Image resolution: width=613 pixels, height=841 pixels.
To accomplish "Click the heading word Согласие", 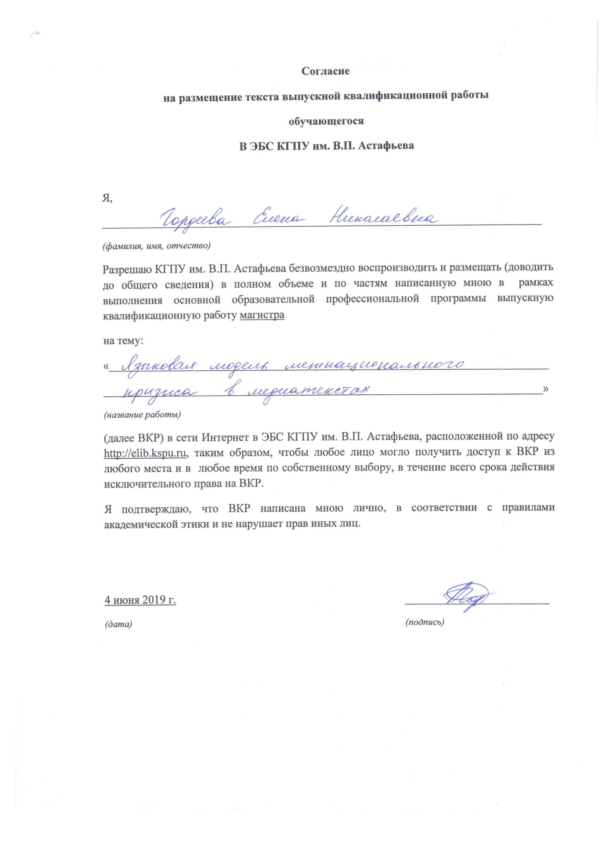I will point(325,71).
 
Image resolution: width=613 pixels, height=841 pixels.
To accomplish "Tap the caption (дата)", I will point(119,624).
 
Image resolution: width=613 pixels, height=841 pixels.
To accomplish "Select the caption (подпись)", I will point(425,622).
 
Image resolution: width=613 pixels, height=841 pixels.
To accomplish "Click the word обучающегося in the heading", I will point(326,121).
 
